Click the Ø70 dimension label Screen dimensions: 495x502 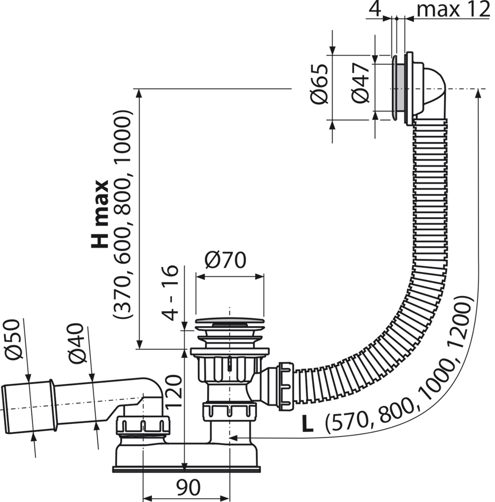pos(225,261)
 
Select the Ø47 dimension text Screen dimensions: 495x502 pos(360,82)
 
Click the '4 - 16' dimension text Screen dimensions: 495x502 pos(170,293)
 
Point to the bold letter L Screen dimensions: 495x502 pos(307,425)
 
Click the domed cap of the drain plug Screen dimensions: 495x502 pos(229,320)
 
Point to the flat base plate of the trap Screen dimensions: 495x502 pos(186,469)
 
